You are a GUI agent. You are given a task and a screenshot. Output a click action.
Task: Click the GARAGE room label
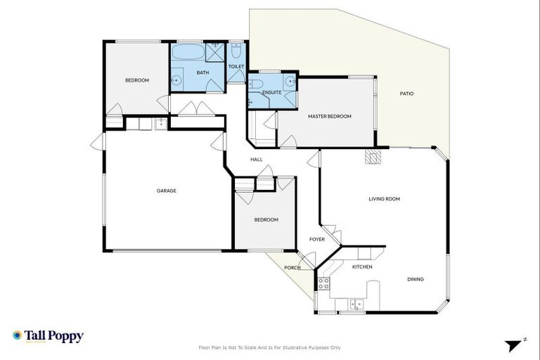pyautogui.click(x=166, y=191)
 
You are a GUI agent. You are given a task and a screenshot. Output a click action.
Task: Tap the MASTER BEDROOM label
pyautogui.click(x=329, y=116)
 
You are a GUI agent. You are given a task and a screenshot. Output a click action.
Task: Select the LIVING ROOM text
pyautogui.click(x=384, y=199)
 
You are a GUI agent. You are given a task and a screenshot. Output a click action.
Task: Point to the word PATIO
pyautogui.click(x=406, y=94)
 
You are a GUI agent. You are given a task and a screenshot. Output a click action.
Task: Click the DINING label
pyautogui.click(x=415, y=279)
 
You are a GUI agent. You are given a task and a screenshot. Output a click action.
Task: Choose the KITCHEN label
pyautogui.click(x=362, y=267)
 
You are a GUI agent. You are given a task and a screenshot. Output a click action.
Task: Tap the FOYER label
pyautogui.click(x=317, y=239)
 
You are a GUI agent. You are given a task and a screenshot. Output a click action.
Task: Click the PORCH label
pyautogui.click(x=292, y=268)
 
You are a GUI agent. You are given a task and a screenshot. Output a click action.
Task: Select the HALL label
pyautogui.click(x=257, y=160)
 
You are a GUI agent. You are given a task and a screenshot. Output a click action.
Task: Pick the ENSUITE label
pyautogui.click(x=271, y=92)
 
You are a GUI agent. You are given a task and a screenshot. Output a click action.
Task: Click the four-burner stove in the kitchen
pyautogui.click(x=324, y=283)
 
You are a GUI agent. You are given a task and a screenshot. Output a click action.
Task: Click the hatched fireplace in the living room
pyautogui.click(x=372, y=155)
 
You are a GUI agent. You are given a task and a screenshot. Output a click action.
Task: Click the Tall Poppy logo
pyautogui.click(x=48, y=336)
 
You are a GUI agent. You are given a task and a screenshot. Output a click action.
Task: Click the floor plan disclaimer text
pyautogui.click(x=270, y=347)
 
